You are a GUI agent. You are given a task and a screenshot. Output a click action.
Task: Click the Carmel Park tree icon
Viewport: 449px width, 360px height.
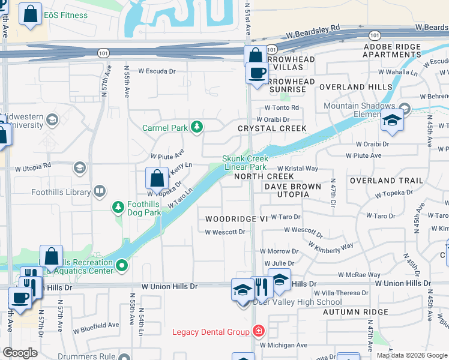pos(196,127)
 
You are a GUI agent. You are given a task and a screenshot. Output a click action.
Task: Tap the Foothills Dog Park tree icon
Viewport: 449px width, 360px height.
pos(118,207)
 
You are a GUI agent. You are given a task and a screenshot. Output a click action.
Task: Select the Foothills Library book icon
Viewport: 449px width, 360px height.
pos(100,192)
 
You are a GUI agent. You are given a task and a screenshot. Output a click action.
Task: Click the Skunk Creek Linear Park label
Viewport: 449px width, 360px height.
pos(244,163)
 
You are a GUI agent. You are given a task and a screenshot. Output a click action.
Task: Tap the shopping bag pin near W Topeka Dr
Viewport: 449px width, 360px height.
pos(157,178)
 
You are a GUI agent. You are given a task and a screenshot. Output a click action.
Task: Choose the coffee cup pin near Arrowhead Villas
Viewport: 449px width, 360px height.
pos(258,73)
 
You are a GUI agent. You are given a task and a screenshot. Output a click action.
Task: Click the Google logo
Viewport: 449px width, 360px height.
pos(20,353)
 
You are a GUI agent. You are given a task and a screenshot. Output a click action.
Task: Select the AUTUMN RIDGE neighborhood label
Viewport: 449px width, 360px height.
pos(355,312)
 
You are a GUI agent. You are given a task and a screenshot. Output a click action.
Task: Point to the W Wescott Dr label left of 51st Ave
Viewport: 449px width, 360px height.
pos(225,232)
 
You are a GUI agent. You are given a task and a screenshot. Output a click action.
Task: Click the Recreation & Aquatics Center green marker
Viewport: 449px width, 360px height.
pos(122,265)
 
